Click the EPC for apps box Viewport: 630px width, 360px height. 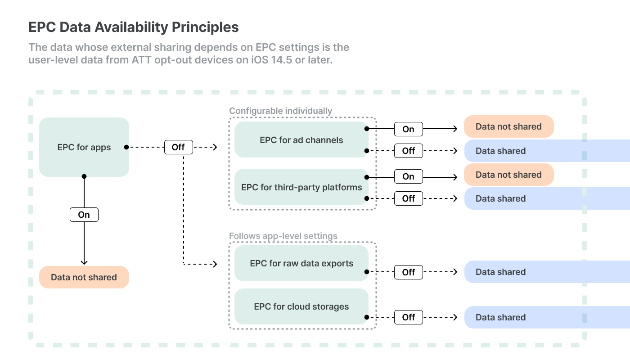point(84,147)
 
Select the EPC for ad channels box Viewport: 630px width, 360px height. point(301,140)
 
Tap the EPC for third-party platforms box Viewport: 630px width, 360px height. point(301,187)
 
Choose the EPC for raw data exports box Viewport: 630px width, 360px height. point(301,263)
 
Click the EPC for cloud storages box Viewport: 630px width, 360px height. point(301,306)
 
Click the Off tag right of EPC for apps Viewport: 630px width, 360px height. point(179,147)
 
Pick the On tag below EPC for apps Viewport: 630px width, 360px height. point(84,215)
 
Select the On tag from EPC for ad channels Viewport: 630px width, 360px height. point(409,129)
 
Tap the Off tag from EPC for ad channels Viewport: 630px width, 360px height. point(409,151)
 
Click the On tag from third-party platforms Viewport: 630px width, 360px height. point(409,176)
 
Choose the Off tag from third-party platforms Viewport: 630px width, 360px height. point(409,198)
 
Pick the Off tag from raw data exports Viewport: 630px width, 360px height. point(409,272)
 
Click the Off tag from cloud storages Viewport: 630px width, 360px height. point(409,317)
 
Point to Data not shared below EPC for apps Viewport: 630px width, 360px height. point(84,277)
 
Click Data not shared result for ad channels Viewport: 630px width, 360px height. point(509,126)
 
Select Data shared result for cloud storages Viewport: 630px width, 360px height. point(547,317)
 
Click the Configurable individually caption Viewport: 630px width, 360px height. point(280,111)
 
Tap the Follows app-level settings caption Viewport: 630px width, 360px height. point(283,236)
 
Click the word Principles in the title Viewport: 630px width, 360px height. point(205,27)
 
